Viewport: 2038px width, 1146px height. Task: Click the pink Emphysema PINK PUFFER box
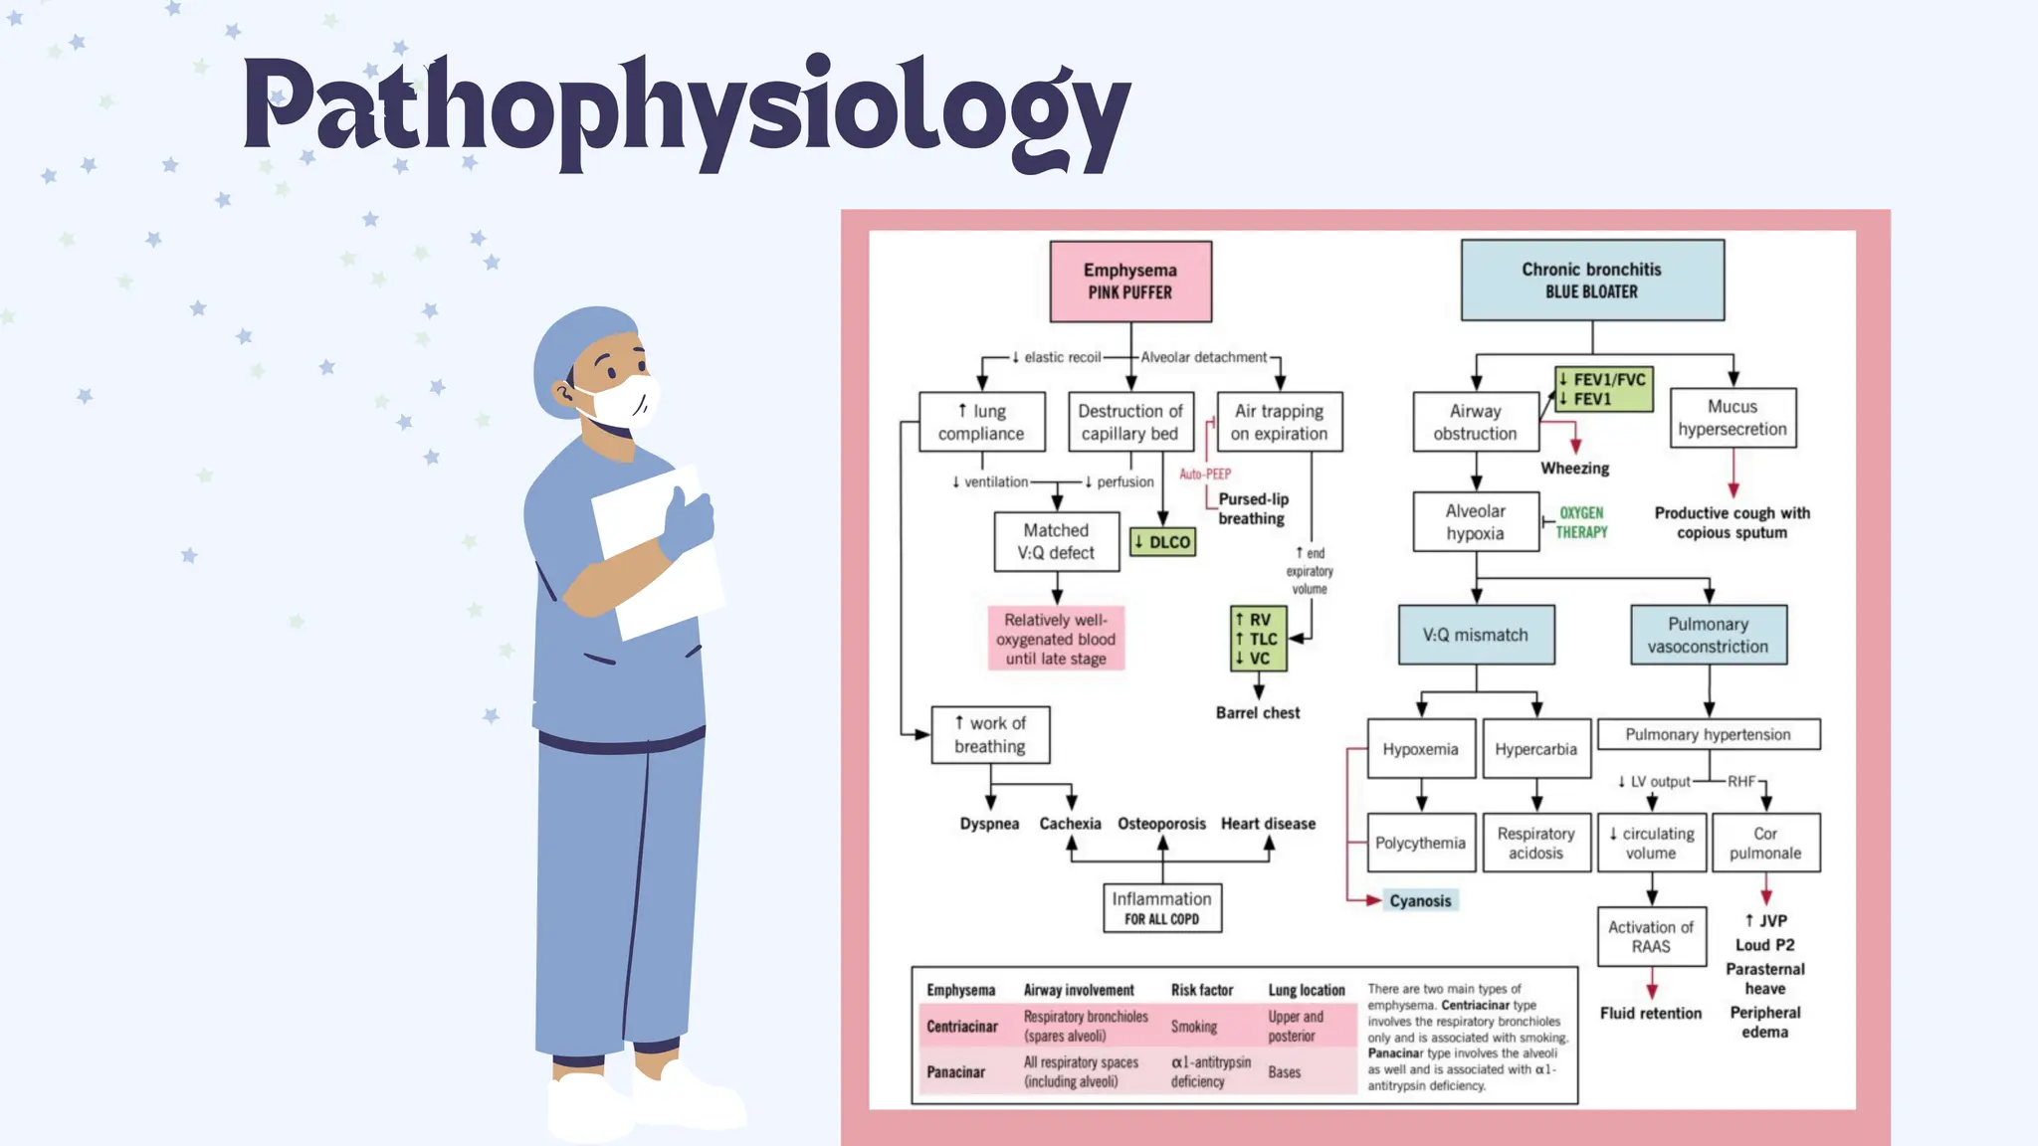point(1130,281)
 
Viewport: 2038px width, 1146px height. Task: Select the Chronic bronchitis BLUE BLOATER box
point(1591,280)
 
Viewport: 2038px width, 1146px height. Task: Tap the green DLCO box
point(1162,542)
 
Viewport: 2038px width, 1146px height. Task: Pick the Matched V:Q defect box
point(1056,541)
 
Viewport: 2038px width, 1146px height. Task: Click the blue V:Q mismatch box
point(1475,635)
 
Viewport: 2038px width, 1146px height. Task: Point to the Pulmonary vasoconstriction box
point(1708,635)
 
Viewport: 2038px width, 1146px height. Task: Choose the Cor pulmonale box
point(1764,843)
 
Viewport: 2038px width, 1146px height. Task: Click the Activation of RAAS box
point(1651,936)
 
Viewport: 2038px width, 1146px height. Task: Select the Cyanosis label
point(1420,900)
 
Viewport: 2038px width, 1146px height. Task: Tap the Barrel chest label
point(1258,712)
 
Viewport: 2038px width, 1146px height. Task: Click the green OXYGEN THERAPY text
point(1581,522)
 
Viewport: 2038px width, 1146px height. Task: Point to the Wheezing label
point(1574,468)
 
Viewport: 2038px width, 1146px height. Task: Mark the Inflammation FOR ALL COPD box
point(1161,907)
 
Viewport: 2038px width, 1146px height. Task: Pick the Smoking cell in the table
point(1193,1026)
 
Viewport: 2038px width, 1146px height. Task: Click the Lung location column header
point(1306,990)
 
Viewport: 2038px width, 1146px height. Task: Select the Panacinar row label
point(955,1071)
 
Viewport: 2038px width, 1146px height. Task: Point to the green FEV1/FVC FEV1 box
point(1603,389)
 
